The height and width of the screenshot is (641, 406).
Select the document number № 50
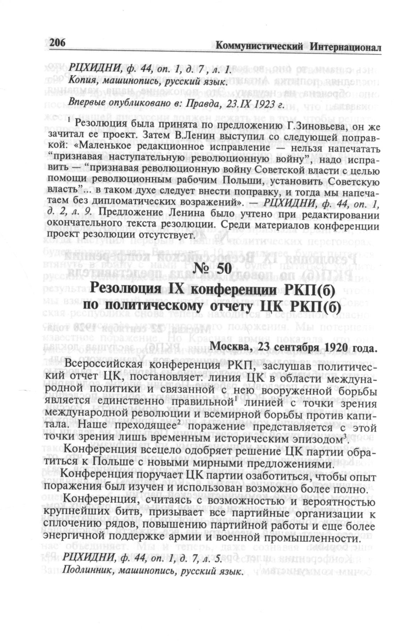point(212,270)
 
